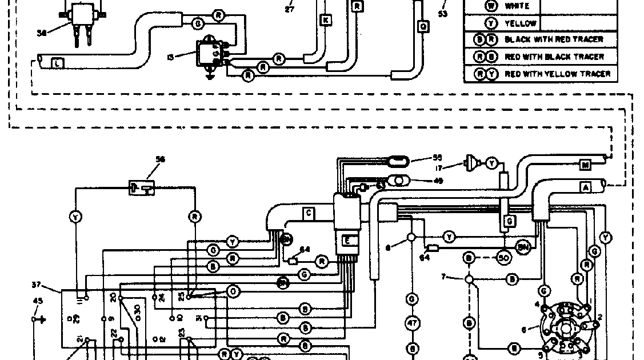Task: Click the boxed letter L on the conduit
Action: [x=58, y=63]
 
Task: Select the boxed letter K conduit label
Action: [x=326, y=21]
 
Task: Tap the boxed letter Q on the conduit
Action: [x=423, y=26]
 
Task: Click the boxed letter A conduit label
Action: [x=586, y=187]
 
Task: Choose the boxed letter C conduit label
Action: [x=308, y=214]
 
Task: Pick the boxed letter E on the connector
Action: [x=347, y=241]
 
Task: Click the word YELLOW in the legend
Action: [x=520, y=23]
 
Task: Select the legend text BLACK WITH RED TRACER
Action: [x=554, y=40]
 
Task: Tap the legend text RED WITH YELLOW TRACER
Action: [x=557, y=74]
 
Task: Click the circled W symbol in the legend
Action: [x=491, y=6]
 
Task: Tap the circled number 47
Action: [x=413, y=323]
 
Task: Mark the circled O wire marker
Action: [x=233, y=291]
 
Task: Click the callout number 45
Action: [x=38, y=301]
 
